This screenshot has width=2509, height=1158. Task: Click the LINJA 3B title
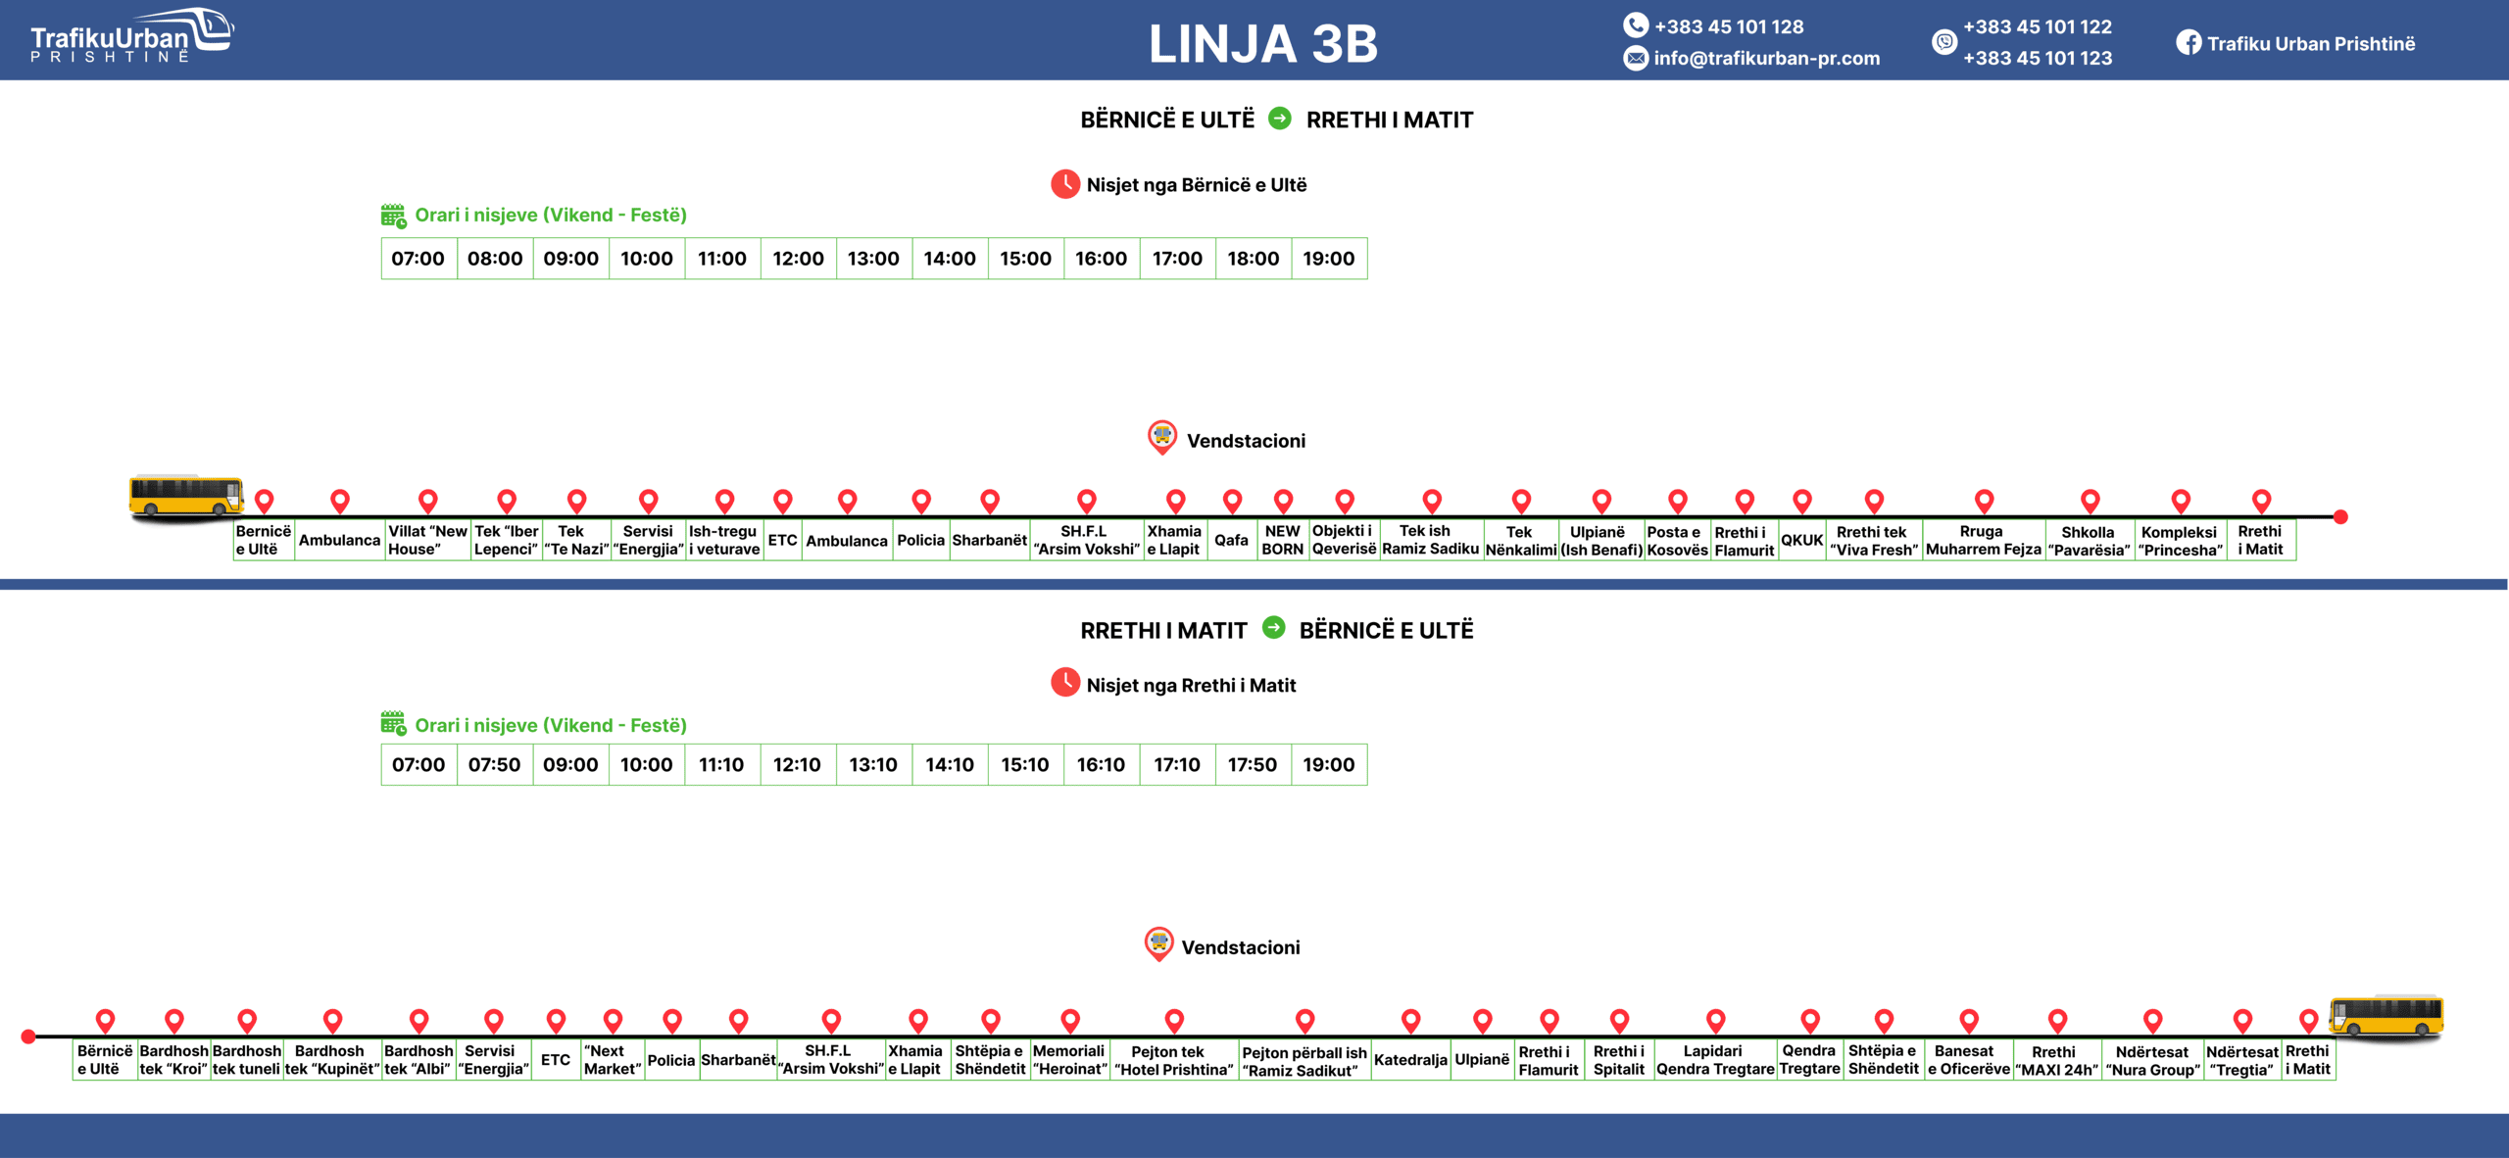[x=1262, y=44]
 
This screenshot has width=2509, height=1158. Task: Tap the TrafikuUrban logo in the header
[x=131, y=36]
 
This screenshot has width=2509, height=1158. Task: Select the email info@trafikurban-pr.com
[x=1766, y=58]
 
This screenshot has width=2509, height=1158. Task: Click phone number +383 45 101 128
[x=1728, y=26]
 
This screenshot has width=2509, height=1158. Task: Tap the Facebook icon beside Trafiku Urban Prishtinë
[x=2188, y=43]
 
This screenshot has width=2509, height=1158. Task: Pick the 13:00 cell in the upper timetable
[x=873, y=259]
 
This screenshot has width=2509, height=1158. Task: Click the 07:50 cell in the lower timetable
[x=494, y=764]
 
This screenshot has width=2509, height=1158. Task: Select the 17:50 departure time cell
[x=1253, y=764]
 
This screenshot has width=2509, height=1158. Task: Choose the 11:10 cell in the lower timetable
[x=721, y=764]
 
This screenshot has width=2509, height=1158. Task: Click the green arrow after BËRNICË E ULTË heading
[x=1279, y=119]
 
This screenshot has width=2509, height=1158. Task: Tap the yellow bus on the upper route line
[x=186, y=496]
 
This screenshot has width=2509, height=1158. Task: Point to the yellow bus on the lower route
[x=2386, y=1016]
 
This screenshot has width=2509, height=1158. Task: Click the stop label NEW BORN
[x=1282, y=540]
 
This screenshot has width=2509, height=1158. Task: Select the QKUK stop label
[x=1801, y=540]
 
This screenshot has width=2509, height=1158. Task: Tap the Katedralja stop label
[x=1410, y=1060]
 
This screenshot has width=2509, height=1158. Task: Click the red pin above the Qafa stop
[x=1232, y=501]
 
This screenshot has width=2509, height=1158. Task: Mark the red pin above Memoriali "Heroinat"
[x=1070, y=1020]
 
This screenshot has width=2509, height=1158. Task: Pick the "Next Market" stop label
[x=612, y=1060]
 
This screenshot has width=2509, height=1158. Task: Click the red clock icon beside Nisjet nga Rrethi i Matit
[x=1065, y=683]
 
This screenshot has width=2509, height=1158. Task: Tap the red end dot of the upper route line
[x=2340, y=517]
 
